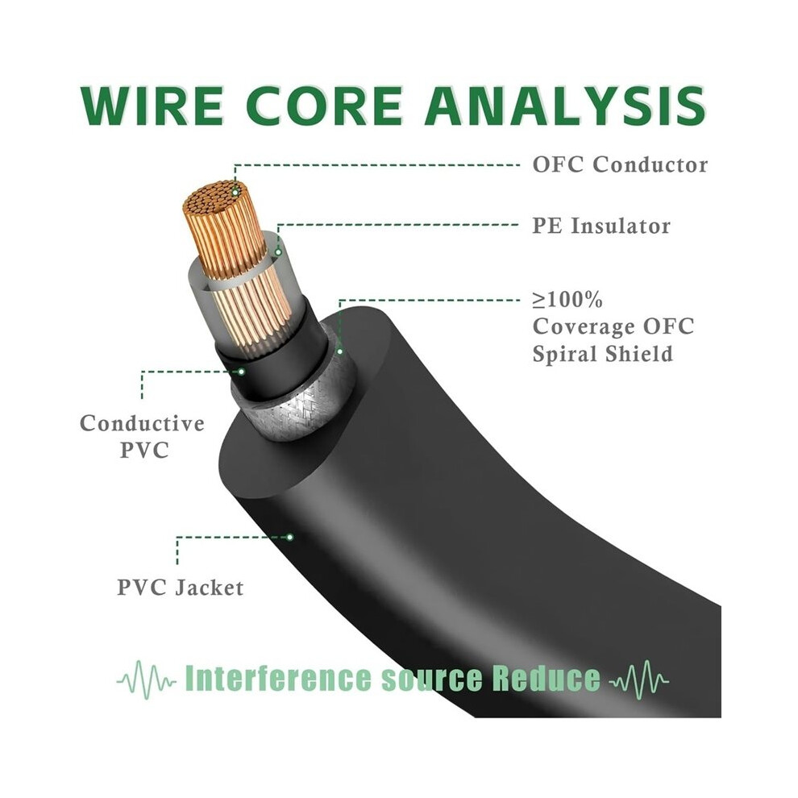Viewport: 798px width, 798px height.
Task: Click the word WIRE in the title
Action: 152,106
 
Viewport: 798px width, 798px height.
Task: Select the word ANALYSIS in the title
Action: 565,106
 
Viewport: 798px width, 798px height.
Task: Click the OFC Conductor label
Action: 620,165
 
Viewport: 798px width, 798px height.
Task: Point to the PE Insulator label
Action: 601,226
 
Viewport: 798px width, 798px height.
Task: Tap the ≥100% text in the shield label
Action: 567,301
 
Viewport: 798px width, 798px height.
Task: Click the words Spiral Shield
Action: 603,354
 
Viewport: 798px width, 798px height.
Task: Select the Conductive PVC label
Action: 143,437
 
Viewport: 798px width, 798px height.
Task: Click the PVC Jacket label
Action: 181,588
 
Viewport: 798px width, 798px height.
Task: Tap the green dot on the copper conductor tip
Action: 235,192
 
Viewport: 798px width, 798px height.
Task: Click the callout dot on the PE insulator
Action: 278,252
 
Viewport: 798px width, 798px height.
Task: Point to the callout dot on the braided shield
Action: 340,351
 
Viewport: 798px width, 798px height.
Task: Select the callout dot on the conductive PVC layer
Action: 242,372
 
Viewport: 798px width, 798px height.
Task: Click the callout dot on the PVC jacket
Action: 290,537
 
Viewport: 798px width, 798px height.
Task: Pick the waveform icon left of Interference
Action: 148,680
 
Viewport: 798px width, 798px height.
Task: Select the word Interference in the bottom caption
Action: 278,678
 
